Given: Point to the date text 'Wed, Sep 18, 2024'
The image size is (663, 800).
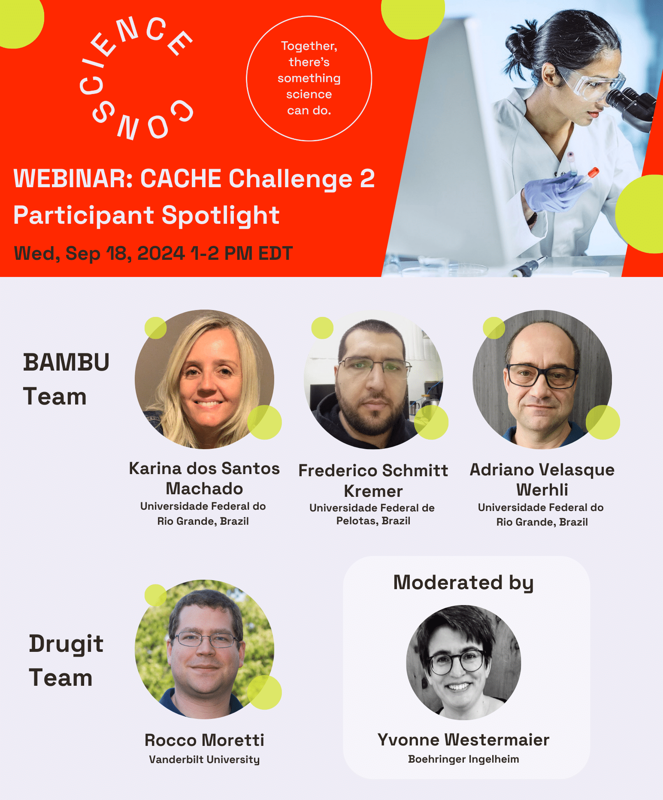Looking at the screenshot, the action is pos(100,253).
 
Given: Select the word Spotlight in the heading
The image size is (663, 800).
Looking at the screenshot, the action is pos(221,216).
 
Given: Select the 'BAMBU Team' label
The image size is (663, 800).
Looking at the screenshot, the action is pos(66,379).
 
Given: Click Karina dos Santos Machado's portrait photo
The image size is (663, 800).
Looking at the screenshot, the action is pos(204,379).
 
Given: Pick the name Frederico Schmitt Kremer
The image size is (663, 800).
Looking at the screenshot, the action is pos(373,481).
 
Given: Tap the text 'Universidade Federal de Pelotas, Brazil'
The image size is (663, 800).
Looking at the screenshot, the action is pos(372,514).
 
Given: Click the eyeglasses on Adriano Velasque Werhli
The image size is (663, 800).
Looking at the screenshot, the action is pos(542,374).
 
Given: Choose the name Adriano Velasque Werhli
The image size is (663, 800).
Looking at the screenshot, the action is pos(542,479).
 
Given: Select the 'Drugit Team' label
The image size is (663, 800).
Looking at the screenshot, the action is pos(66,660).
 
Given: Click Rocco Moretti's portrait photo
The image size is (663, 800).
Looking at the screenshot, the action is pos(204,649).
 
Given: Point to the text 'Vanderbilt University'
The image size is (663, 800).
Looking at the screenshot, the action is pos(204,759).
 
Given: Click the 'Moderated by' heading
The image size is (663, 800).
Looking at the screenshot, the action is pos(463,583).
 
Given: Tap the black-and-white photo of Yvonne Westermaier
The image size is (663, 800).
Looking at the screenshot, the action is pos(463,662).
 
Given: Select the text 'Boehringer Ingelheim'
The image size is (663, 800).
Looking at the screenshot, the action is pos(463,759).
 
